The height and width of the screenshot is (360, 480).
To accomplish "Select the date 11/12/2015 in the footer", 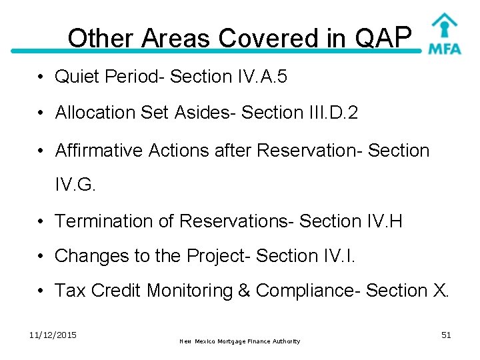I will pos(53,335).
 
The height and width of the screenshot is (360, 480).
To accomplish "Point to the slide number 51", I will pos(446,335).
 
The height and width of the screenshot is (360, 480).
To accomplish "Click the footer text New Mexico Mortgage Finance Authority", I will pos(240,341).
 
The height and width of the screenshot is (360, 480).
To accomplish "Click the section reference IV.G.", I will pos(75,185).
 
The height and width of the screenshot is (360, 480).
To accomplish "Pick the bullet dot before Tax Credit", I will pos(41,291).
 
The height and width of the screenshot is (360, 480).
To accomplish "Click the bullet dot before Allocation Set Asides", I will pos(41,113).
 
